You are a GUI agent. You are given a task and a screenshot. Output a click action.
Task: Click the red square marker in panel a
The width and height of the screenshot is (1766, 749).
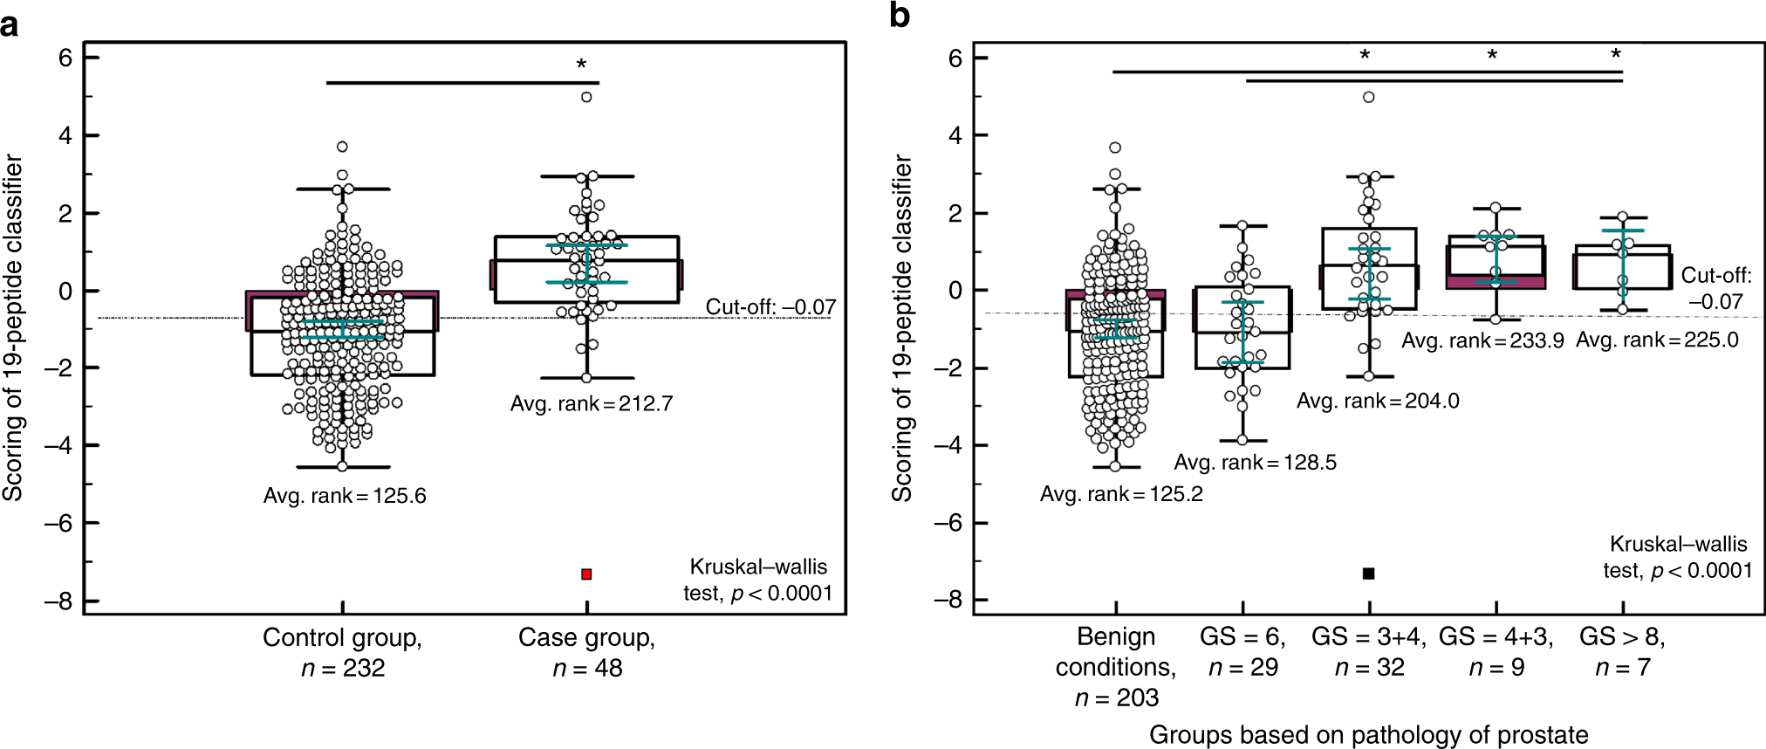[586, 574]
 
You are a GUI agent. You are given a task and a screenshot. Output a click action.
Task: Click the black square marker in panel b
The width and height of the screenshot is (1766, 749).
[1368, 573]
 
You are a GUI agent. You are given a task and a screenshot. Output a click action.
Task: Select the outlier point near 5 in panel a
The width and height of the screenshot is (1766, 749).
[586, 97]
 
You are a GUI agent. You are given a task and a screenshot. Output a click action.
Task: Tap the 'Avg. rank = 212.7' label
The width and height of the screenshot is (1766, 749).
[591, 403]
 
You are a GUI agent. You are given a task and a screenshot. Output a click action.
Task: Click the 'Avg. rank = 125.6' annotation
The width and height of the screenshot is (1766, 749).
[345, 496]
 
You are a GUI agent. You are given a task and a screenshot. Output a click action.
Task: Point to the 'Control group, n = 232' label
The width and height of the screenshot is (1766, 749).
[342, 652]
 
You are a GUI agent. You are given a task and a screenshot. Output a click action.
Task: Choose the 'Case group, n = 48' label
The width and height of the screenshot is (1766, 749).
[586, 652]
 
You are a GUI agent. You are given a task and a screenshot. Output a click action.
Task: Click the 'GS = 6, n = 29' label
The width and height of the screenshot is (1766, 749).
[1242, 651]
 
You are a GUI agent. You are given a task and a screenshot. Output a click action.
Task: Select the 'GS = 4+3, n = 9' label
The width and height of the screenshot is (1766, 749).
[1496, 651]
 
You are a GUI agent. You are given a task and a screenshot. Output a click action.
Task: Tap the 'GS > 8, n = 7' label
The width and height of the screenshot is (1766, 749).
[1622, 651]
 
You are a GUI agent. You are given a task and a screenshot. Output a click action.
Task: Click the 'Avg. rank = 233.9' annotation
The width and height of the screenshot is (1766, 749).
[1482, 340]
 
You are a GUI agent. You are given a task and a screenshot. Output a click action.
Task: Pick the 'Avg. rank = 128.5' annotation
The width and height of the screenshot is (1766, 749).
[1255, 462]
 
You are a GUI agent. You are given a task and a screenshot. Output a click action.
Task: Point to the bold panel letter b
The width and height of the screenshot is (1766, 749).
[900, 16]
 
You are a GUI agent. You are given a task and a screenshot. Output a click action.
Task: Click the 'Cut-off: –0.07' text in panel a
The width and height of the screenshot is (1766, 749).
[770, 306]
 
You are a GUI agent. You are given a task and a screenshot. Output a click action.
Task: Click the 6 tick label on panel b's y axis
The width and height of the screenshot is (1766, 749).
[955, 58]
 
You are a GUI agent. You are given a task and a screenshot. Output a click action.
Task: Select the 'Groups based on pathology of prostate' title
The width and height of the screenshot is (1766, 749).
[1368, 734]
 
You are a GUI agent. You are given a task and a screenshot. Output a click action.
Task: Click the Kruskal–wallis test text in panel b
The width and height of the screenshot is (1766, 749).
[1677, 557]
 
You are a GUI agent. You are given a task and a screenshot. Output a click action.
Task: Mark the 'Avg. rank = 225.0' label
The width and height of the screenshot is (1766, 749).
[1656, 340]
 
